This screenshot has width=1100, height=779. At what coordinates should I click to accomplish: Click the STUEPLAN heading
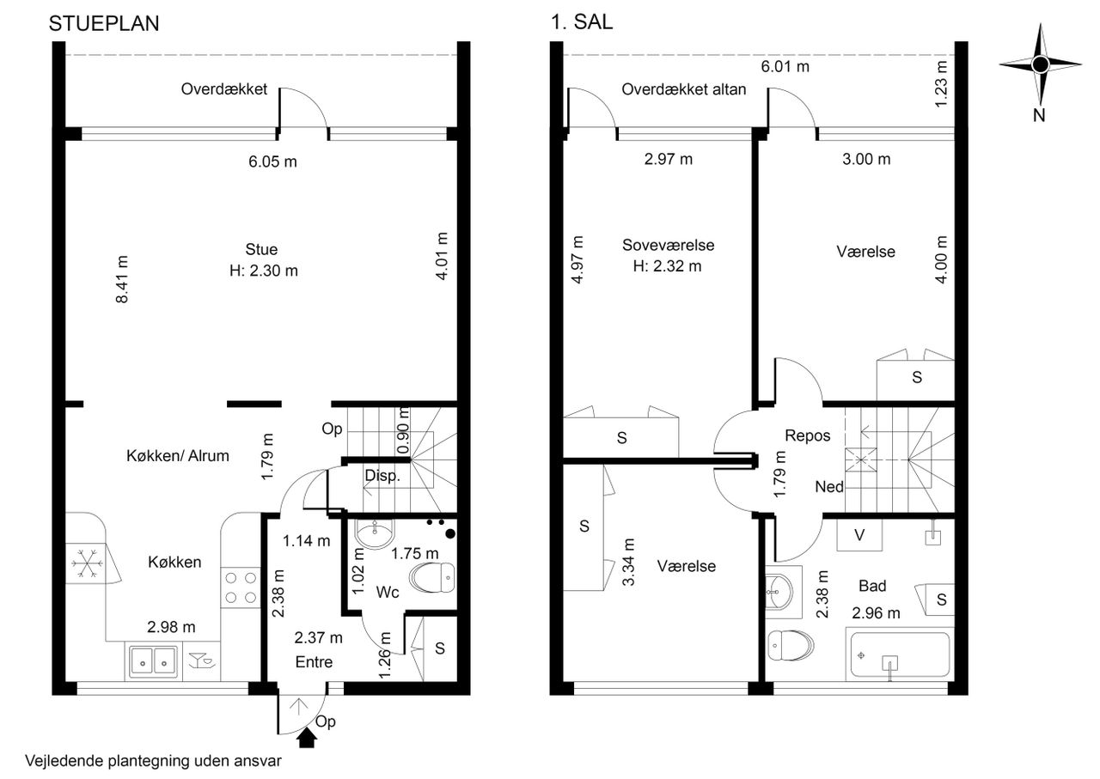104,23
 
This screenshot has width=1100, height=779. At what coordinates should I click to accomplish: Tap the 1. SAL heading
582,22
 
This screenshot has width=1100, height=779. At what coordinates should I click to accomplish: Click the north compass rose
1040,64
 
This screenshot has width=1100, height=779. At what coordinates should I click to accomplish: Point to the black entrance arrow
307,738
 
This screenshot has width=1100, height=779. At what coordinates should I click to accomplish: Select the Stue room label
262,249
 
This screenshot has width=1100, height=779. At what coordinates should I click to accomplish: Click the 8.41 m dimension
122,279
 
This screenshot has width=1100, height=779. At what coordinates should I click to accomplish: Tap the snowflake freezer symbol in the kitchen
87,563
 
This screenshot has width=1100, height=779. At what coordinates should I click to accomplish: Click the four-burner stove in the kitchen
241,587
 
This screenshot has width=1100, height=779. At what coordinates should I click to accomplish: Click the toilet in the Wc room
432,577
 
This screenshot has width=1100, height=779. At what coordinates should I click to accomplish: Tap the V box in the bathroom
859,534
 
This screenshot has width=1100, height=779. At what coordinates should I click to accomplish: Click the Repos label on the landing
807,435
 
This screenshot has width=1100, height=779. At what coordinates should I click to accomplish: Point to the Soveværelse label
668,245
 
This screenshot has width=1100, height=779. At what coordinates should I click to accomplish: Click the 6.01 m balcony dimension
785,66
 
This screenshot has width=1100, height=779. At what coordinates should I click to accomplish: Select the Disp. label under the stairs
382,476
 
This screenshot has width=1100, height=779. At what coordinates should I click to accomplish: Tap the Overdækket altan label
683,89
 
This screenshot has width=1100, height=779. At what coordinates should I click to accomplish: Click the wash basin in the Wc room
374,533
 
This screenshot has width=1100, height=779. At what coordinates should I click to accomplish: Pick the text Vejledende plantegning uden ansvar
153,761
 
